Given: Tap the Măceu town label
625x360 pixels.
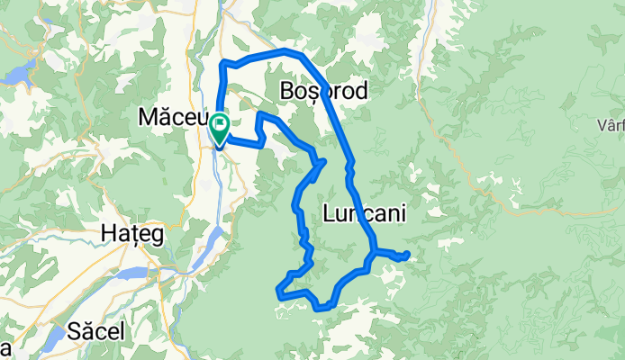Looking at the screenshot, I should click(x=173, y=116).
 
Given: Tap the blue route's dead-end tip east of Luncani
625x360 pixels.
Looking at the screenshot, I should click(x=407, y=255).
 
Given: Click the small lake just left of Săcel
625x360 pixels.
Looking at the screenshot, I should click(x=55, y=335).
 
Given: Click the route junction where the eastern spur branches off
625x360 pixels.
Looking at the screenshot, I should click(x=372, y=251).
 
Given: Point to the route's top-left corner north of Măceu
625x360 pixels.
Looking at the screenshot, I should click(x=222, y=62).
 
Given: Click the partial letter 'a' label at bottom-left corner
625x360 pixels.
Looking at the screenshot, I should click(x=5, y=348).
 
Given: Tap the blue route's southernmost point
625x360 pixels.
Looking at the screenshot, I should click(x=322, y=309).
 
